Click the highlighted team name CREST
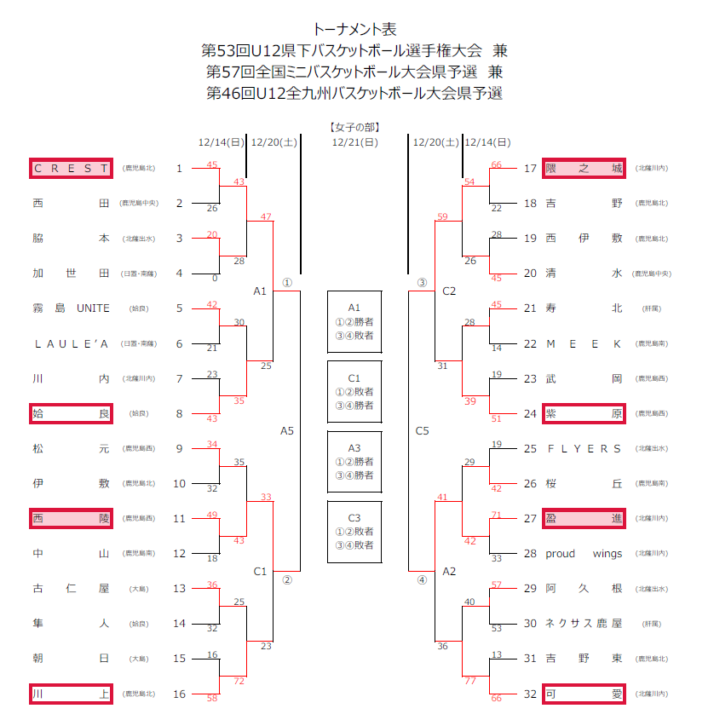point(71,168)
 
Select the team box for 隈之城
point(584,168)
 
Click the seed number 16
point(179,694)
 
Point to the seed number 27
point(530,518)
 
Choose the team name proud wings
point(584,553)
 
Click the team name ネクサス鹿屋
point(584,623)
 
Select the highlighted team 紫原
point(584,413)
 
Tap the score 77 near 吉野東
point(469,680)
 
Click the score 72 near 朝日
point(239,680)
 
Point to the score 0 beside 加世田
point(214,278)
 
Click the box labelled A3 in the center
point(354,461)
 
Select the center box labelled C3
point(354,531)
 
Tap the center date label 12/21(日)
point(354,142)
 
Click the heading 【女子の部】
point(354,127)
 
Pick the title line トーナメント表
point(354,30)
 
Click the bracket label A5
point(287,431)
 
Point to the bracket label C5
point(422,431)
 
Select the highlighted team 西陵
point(71,518)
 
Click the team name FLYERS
point(584,448)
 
